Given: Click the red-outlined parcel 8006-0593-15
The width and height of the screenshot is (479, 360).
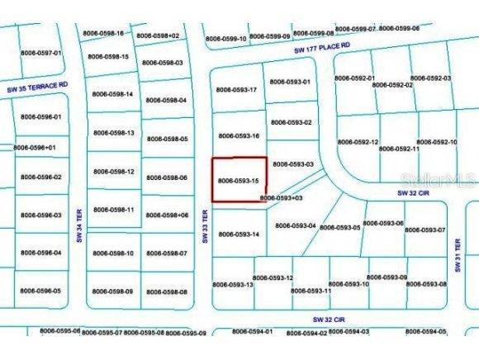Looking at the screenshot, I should click(239, 179).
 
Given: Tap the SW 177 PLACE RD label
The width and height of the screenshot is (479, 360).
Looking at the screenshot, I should click(328, 50).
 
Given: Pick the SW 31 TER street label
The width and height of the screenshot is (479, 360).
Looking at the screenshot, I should click(459, 251).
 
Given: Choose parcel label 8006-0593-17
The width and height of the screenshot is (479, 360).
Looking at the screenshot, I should click(238, 89).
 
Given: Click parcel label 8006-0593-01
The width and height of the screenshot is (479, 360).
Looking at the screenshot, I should click(290, 83).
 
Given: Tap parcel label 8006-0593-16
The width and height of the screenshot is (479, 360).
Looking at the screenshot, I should click(238, 135).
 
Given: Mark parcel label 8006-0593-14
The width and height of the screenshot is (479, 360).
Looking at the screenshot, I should click(239, 234).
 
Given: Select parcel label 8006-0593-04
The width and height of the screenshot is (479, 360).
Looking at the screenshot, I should click(294, 225).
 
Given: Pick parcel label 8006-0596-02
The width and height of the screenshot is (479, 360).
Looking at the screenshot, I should click(41, 177).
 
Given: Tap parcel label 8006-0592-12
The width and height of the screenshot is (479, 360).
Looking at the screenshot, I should click(357, 142).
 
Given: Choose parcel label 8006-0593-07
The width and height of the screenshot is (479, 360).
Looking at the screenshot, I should click(425, 230).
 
